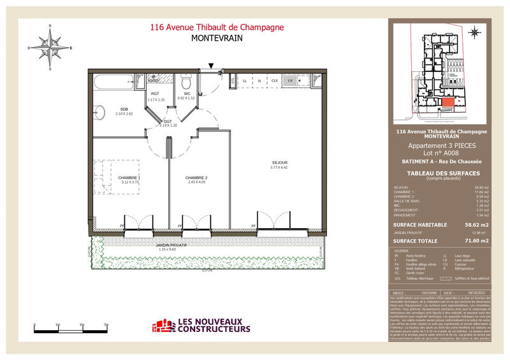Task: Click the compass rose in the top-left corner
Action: (x=50, y=47)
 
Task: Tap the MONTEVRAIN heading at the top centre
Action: (x=217, y=38)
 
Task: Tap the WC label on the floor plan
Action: (x=187, y=94)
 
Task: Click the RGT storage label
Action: (x=155, y=94)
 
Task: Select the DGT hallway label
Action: (x=168, y=121)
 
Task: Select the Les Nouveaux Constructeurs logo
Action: (x=201, y=326)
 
